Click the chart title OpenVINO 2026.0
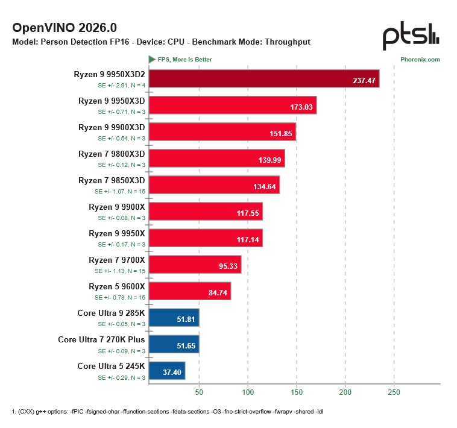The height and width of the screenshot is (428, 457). (x=65, y=28)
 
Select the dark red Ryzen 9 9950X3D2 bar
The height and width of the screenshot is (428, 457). (x=264, y=78)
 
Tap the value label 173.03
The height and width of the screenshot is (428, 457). (x=301, y=109)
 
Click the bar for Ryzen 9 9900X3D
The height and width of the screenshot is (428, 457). (x=222, y=131)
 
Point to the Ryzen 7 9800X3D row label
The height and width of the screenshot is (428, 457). (x=112, y=154)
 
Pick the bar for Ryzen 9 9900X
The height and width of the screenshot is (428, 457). (x=206, y=211)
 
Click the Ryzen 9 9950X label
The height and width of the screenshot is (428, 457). (x=117, y=233)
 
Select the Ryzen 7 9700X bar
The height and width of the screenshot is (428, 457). (x=195, y=264)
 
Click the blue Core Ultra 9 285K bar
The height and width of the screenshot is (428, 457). (x=174, y=317)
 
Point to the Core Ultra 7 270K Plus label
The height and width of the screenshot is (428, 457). (x=101, y=339)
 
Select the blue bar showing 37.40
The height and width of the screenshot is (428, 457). (x=166, y=370)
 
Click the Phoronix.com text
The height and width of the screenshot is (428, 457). (x=420, y=60)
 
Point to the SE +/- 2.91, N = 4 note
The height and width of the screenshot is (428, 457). (x=121, y=86)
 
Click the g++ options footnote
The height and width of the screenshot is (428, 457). (x=168, y=411)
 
